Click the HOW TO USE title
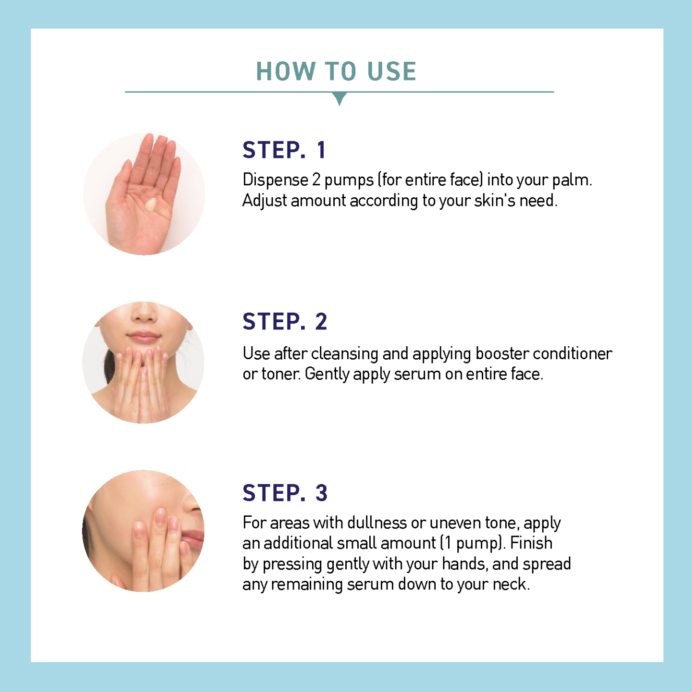(x=336, y=71)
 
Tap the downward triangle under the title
(x=339, y=98)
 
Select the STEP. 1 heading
(x=284, y=150)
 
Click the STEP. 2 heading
(x=285, y=321)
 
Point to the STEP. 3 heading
(x=285, y=493)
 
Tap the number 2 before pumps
(x=316, y=180)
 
